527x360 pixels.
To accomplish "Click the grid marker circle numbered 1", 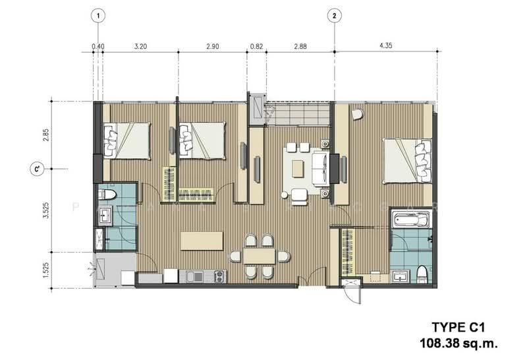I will coord(97,15).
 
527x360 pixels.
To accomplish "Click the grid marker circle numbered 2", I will coord(335,15).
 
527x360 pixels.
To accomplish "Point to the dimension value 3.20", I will coord(140,46).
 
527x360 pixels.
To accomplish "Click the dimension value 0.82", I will coord(256,46).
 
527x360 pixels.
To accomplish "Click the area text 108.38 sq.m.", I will coord(456,342).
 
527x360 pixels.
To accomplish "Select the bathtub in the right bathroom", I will coord(409,219).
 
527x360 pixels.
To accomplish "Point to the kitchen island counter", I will coord(202,240).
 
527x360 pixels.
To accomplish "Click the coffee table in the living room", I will coord(298,169).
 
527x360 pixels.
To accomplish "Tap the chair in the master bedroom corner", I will coord(356,115).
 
